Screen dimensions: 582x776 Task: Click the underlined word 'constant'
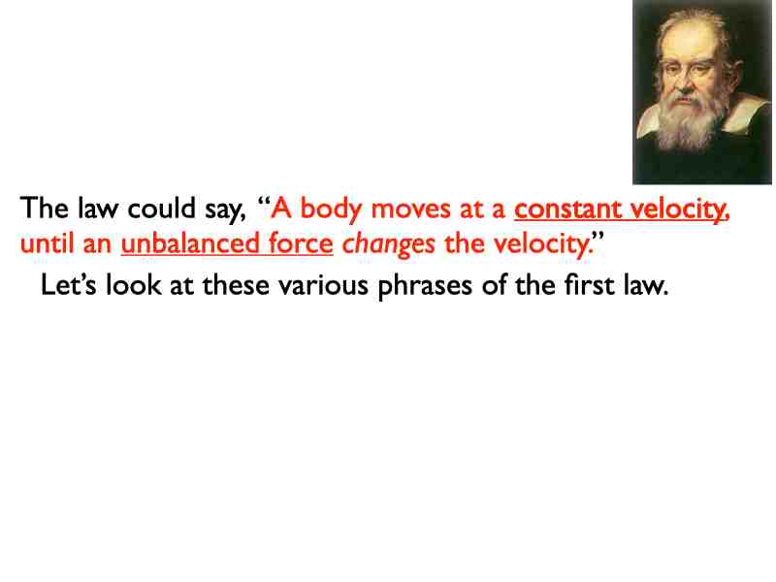coord(568,209)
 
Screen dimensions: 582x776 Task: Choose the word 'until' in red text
coord(45,242)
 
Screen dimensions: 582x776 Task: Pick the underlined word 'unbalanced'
coord(184,242)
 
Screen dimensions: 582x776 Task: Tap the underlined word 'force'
coord(301,242)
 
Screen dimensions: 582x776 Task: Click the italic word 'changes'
coord(389,243)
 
